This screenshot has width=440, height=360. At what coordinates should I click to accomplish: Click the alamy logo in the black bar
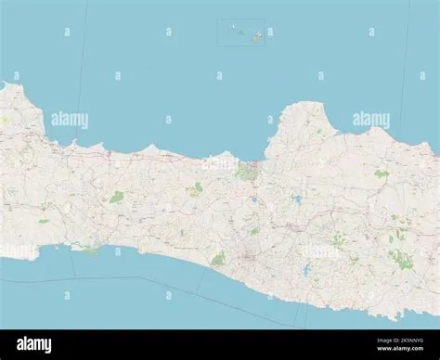tap(34, 344)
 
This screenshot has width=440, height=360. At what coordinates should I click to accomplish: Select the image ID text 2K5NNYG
tap(408, 341)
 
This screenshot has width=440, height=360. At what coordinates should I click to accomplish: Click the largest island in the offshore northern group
tap(256, 34)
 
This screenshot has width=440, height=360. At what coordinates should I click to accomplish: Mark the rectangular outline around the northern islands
tap(241, 20)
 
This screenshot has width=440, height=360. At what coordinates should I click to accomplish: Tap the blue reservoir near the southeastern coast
tap(306, 272)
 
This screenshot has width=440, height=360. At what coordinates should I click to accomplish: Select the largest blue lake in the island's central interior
tap(296, 199)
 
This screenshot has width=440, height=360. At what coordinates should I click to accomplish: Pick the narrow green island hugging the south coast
tap(87, 249)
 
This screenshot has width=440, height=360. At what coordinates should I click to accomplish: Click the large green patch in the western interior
tap(116, 197)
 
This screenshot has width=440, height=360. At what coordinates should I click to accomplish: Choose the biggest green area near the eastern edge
tap(400, 258)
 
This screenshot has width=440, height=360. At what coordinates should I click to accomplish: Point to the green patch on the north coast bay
tap(245, 172)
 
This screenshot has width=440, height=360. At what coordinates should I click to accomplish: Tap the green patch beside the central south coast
tap(218, 259)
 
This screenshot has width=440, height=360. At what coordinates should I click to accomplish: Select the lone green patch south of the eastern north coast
tap(381, 173)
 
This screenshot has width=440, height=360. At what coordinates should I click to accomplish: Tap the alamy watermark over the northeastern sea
tap(371, 120)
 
